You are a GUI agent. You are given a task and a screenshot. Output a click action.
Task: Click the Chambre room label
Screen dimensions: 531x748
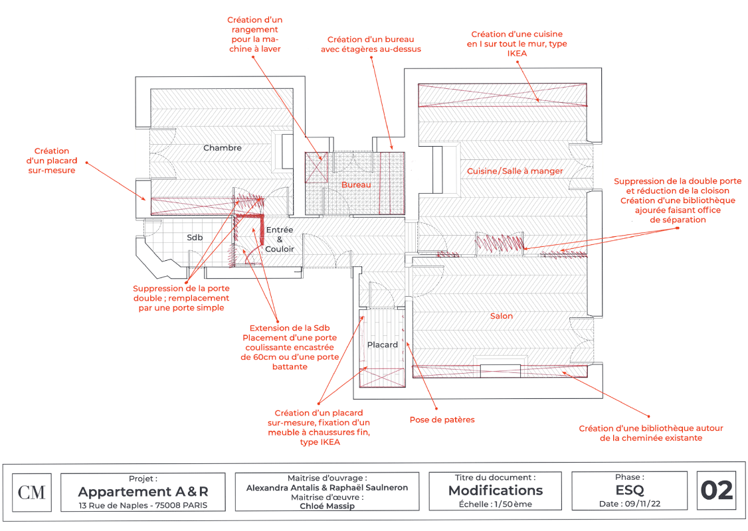point(223,148)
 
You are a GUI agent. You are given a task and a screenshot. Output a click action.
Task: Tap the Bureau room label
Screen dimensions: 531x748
point(356,185)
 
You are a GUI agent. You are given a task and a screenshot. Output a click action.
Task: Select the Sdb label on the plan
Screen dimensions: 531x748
point(195,237)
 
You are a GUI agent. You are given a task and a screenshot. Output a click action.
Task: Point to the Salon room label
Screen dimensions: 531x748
point(502,316)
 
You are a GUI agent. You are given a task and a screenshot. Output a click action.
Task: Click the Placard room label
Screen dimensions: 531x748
point(383,344)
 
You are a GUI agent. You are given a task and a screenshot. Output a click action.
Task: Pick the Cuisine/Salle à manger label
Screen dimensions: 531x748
point(515,171)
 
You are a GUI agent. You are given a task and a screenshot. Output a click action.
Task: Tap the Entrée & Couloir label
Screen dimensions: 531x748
point(280,240)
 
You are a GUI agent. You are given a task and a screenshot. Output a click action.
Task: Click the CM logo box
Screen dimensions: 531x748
point(32,492)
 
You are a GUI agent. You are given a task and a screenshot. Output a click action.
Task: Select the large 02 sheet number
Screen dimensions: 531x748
point(717,491)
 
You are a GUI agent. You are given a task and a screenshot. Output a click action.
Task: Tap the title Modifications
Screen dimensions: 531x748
point(496,491)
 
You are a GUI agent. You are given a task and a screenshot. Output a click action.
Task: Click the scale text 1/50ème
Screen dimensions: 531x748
point(496,504)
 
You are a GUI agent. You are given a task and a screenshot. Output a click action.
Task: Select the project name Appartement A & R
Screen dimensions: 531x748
point(143,492)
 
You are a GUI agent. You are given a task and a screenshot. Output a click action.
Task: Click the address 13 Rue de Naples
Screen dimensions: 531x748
point(143,505)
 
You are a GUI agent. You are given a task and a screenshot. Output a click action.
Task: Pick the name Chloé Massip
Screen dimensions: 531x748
point(327,506)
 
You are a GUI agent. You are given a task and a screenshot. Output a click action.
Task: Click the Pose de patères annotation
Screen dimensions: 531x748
point(442,419)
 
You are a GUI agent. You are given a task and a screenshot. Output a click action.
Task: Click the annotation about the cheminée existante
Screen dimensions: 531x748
point(651,433)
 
